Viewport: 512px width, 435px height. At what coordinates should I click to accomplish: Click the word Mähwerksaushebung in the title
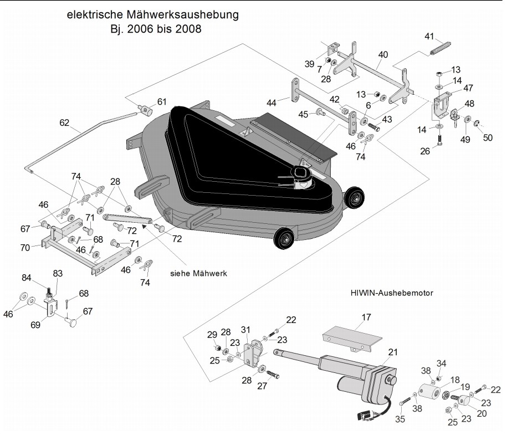(182, 15)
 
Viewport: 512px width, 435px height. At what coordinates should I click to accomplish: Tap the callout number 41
(429, 36)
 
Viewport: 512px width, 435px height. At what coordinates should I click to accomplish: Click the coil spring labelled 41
(440, 48)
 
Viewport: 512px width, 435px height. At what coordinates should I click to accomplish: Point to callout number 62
(64, 122)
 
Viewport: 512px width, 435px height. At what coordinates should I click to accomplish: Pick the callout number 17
(366, 317)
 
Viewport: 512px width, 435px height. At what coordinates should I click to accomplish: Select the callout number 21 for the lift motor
(393, 352)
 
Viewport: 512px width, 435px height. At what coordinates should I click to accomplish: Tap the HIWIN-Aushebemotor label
(392, 293)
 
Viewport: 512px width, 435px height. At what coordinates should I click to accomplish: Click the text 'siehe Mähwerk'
(198, 273)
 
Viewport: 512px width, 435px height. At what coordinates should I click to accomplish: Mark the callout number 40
(383, 54)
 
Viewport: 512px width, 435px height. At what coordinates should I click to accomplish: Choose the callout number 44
(272, 103)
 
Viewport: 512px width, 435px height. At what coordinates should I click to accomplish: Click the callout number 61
(162, 101)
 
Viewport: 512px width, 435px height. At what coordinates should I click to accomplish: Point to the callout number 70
(25, 248)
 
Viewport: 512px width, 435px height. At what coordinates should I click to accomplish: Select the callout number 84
(27, 278)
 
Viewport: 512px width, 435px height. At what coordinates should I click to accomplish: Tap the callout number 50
(488, 137)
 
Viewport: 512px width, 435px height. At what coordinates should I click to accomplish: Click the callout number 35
(400, 419)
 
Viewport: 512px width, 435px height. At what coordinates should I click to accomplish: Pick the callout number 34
(441, 363)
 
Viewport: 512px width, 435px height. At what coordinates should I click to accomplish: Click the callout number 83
(58, 273)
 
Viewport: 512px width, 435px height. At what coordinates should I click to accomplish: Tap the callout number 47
(468, 88)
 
